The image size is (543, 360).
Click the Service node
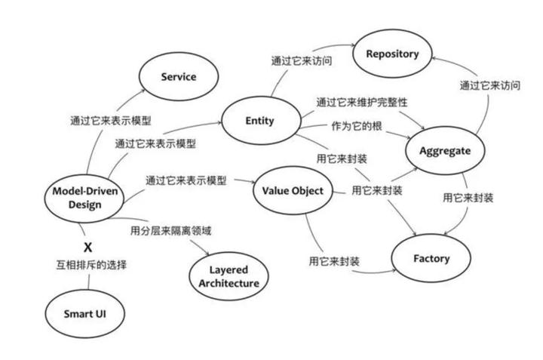point(178,77)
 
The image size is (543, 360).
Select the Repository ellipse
point(391,54)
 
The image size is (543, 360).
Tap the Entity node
point(259,121)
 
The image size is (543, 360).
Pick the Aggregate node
point(444,150)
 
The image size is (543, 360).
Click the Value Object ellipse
point(292,190)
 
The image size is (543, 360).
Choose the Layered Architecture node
point(229,276)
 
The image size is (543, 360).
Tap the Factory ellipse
point(431,258)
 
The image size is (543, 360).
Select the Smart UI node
point(84,312)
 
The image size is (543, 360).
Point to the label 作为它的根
point(355,125)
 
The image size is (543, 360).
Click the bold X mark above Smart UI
point(87,247)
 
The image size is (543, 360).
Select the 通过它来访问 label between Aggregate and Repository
point(490,85)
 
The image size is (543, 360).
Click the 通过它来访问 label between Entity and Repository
point(302,60)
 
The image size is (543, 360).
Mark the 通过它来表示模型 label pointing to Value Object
point(186,181)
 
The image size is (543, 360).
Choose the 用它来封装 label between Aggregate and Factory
point(468,198)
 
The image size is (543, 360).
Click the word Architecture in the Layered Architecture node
point(229,284)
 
